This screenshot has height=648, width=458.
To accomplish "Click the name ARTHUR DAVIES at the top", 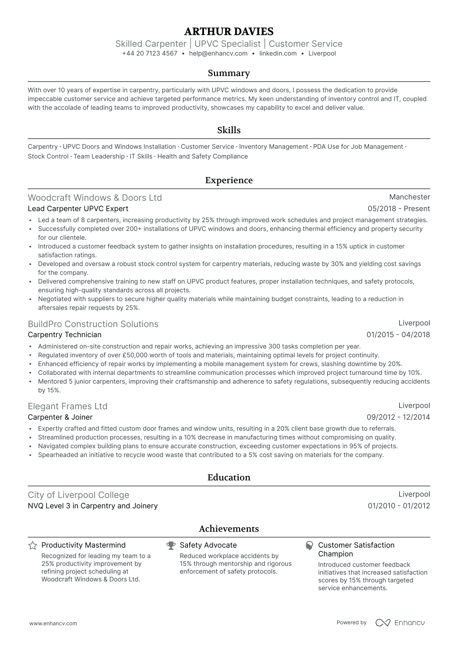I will coord(229,32).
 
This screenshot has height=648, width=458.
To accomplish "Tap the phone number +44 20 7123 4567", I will coord(150,54).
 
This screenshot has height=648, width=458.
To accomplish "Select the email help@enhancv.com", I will coord(218,54).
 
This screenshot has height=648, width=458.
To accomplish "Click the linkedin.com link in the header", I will coord(278,54).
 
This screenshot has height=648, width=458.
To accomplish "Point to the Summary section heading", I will coord(229,73).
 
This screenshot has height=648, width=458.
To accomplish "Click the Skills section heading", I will coord(229,130).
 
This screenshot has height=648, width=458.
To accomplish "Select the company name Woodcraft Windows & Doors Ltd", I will coord(95,197).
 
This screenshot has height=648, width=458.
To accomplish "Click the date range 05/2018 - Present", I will coord(399,209).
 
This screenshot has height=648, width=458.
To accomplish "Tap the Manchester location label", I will coord(409,197).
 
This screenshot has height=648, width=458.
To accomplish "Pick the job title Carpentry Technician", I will coord(65,335).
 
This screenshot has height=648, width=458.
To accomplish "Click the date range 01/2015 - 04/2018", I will coord(398,335).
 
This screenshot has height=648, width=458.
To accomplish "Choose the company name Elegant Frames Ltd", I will coord(68,406).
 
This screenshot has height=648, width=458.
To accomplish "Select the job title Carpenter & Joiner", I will coord(60,417).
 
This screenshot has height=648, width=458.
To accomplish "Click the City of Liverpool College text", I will coord(79,495).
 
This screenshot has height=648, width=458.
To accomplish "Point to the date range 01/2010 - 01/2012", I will coord(399,506).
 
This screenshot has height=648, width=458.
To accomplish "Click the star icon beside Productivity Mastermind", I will coord(32,545).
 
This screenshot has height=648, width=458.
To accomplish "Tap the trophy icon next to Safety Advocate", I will coord(171,545).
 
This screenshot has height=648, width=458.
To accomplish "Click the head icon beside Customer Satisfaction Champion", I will coord(309,545).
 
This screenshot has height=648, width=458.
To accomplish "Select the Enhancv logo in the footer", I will coord(400,622).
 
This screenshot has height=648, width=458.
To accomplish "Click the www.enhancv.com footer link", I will coord(53,623).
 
